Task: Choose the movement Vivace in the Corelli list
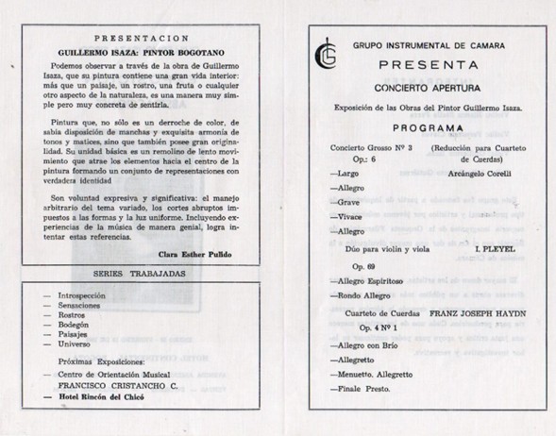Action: [x=346, y=216]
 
